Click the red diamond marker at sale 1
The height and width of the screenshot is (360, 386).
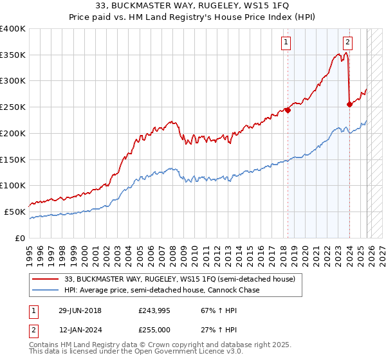(x=288, y=110)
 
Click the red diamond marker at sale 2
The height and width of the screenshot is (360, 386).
(x=349, y=104)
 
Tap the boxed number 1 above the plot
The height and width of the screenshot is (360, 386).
(x=285, y=43)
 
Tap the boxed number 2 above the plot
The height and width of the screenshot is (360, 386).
(x=347, y=43)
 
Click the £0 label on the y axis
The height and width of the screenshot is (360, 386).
(x=19, y=238)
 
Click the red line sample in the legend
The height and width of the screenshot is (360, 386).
(x=46, y=280)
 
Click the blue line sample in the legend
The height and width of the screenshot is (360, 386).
(x=46, y=291)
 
